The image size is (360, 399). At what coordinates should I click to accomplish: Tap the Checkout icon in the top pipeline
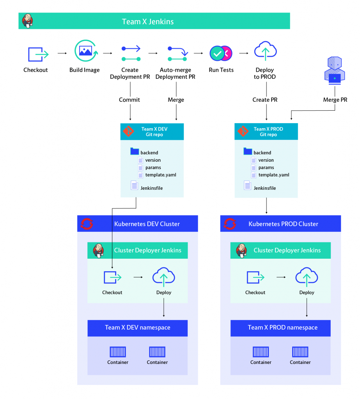(37, 54)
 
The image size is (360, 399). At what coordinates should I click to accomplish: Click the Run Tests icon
(221, 53)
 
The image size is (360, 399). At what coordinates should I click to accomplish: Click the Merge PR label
(335, 100)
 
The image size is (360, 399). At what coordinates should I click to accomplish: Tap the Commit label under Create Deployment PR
(129, 100)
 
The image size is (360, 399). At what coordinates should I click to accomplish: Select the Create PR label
(265, 100)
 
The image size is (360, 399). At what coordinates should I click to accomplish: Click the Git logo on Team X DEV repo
(128, 132)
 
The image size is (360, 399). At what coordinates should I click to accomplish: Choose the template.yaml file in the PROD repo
(273, 175)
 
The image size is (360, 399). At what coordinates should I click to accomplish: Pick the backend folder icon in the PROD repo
(248, 152)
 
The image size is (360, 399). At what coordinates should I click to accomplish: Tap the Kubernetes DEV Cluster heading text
(147, 224)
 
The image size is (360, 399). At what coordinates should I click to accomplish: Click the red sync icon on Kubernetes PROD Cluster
(230, 224)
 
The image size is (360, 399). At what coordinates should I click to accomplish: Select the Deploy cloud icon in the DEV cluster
(164, 277)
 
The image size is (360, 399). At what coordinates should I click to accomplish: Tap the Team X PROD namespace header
(280, 328)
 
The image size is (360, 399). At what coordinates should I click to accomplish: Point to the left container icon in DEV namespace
(118, 352)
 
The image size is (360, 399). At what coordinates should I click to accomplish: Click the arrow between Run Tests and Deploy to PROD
(244, 53)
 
